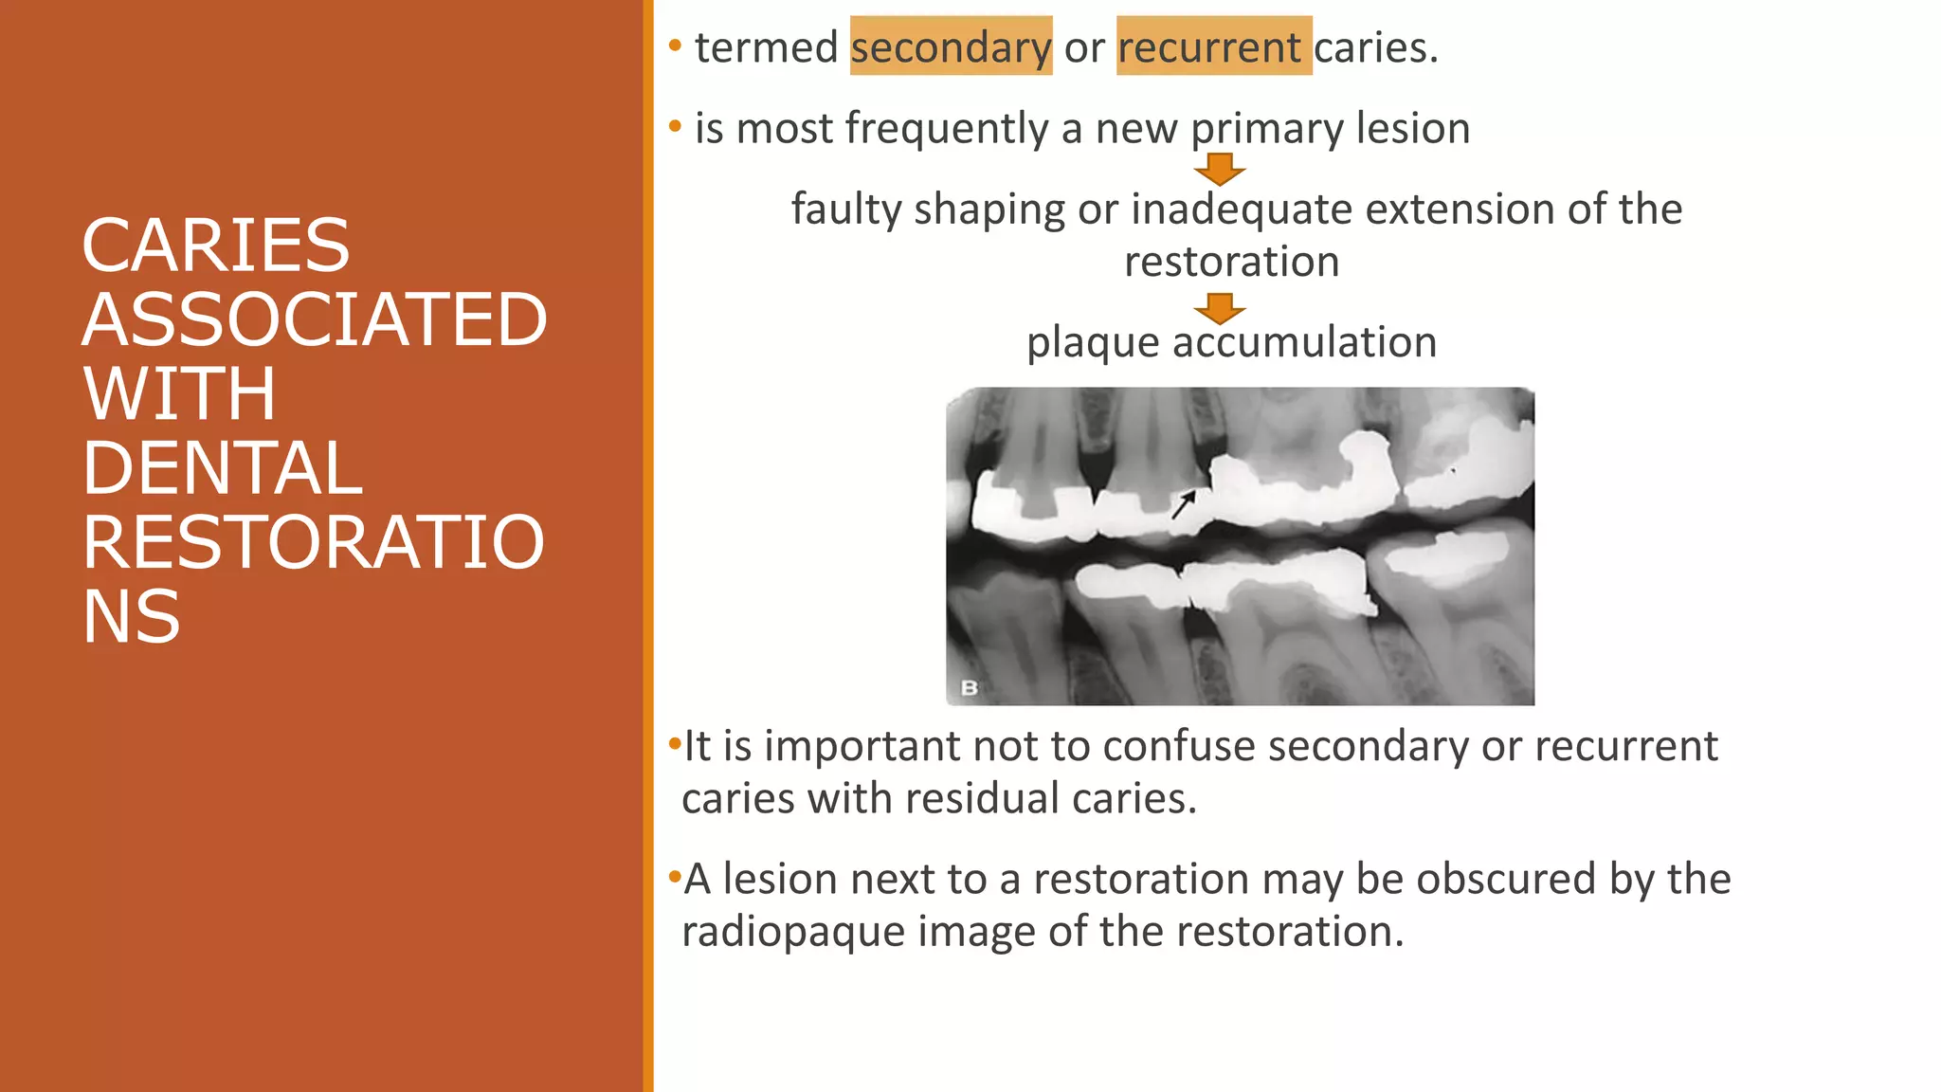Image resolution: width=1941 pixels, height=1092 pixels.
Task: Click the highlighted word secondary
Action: pyautogui.click(x=951, y=47)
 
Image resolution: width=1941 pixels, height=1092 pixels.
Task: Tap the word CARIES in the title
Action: pyautogui.click(x=216, y=246)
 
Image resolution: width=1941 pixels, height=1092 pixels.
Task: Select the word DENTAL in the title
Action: pyautogui.click(x=223, y=468)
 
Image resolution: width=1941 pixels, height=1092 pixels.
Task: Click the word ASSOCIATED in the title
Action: pyautogui.click(x=315, y=319)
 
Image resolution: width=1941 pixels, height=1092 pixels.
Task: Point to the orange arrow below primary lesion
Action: pyautogui.click(x=1220, y=169)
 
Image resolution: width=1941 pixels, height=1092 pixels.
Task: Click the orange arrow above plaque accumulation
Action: pyautogui.click(x=1220, y=308)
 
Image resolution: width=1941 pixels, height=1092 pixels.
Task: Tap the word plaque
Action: pyautogui.click(x=1093, y=343)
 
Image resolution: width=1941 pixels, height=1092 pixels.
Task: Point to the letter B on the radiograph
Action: pyautogui.click(x=969, y=688)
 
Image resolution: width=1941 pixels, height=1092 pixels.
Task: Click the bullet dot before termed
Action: pyautogui.click(x=675, y=45)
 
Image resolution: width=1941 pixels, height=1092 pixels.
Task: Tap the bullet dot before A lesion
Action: pyautogui.click(x=675, y=876)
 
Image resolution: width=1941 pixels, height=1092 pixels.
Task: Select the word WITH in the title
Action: pyautogui.click(x=179, y=394)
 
